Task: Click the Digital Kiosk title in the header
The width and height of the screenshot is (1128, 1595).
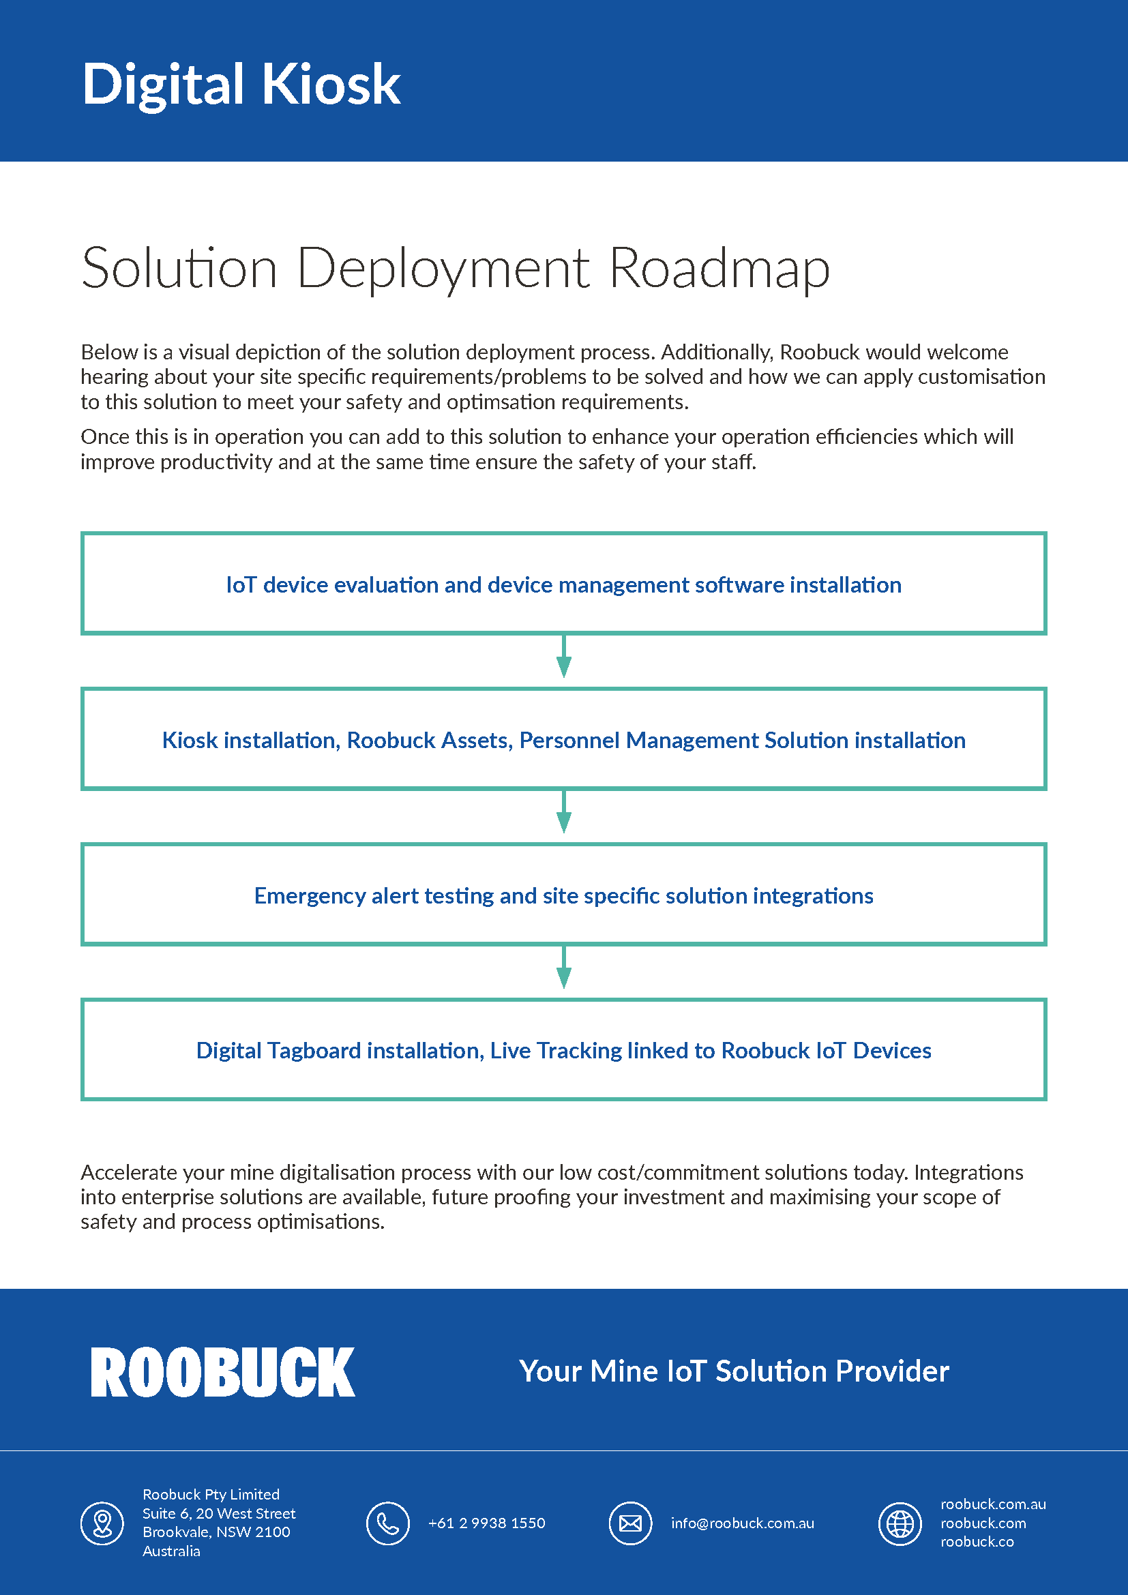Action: [x=241, y=85]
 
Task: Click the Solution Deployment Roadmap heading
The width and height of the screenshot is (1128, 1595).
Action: [x=456, y=268]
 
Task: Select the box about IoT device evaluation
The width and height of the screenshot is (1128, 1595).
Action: [x=563, y=584]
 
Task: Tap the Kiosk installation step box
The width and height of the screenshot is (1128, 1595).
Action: [x=563, y=739]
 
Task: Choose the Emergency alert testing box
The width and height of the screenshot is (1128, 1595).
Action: [x=563, y=895]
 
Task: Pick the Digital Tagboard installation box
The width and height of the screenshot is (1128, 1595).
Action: [x=563, y=1049]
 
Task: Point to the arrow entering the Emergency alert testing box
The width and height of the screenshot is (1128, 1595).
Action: [x=564, y=814]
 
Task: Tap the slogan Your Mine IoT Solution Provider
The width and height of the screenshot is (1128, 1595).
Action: [x=734, y=1371]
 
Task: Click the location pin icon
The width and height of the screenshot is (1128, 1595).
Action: [x=103, y=1523]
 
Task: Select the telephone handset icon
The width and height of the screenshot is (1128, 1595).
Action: [x=387, y=1523]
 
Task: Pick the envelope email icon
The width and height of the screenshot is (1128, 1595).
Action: [x=630, y=1523]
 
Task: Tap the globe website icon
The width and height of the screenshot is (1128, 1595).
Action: [x=900, y=1523]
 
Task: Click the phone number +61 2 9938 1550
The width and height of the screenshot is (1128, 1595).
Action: [x=486, y=1523]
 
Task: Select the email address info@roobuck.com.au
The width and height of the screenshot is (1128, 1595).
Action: [x=742, y=1523]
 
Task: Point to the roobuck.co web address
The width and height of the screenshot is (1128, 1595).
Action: [x=977, y=1542]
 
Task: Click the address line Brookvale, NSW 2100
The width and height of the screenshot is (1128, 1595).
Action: [x=216, y=1532]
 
